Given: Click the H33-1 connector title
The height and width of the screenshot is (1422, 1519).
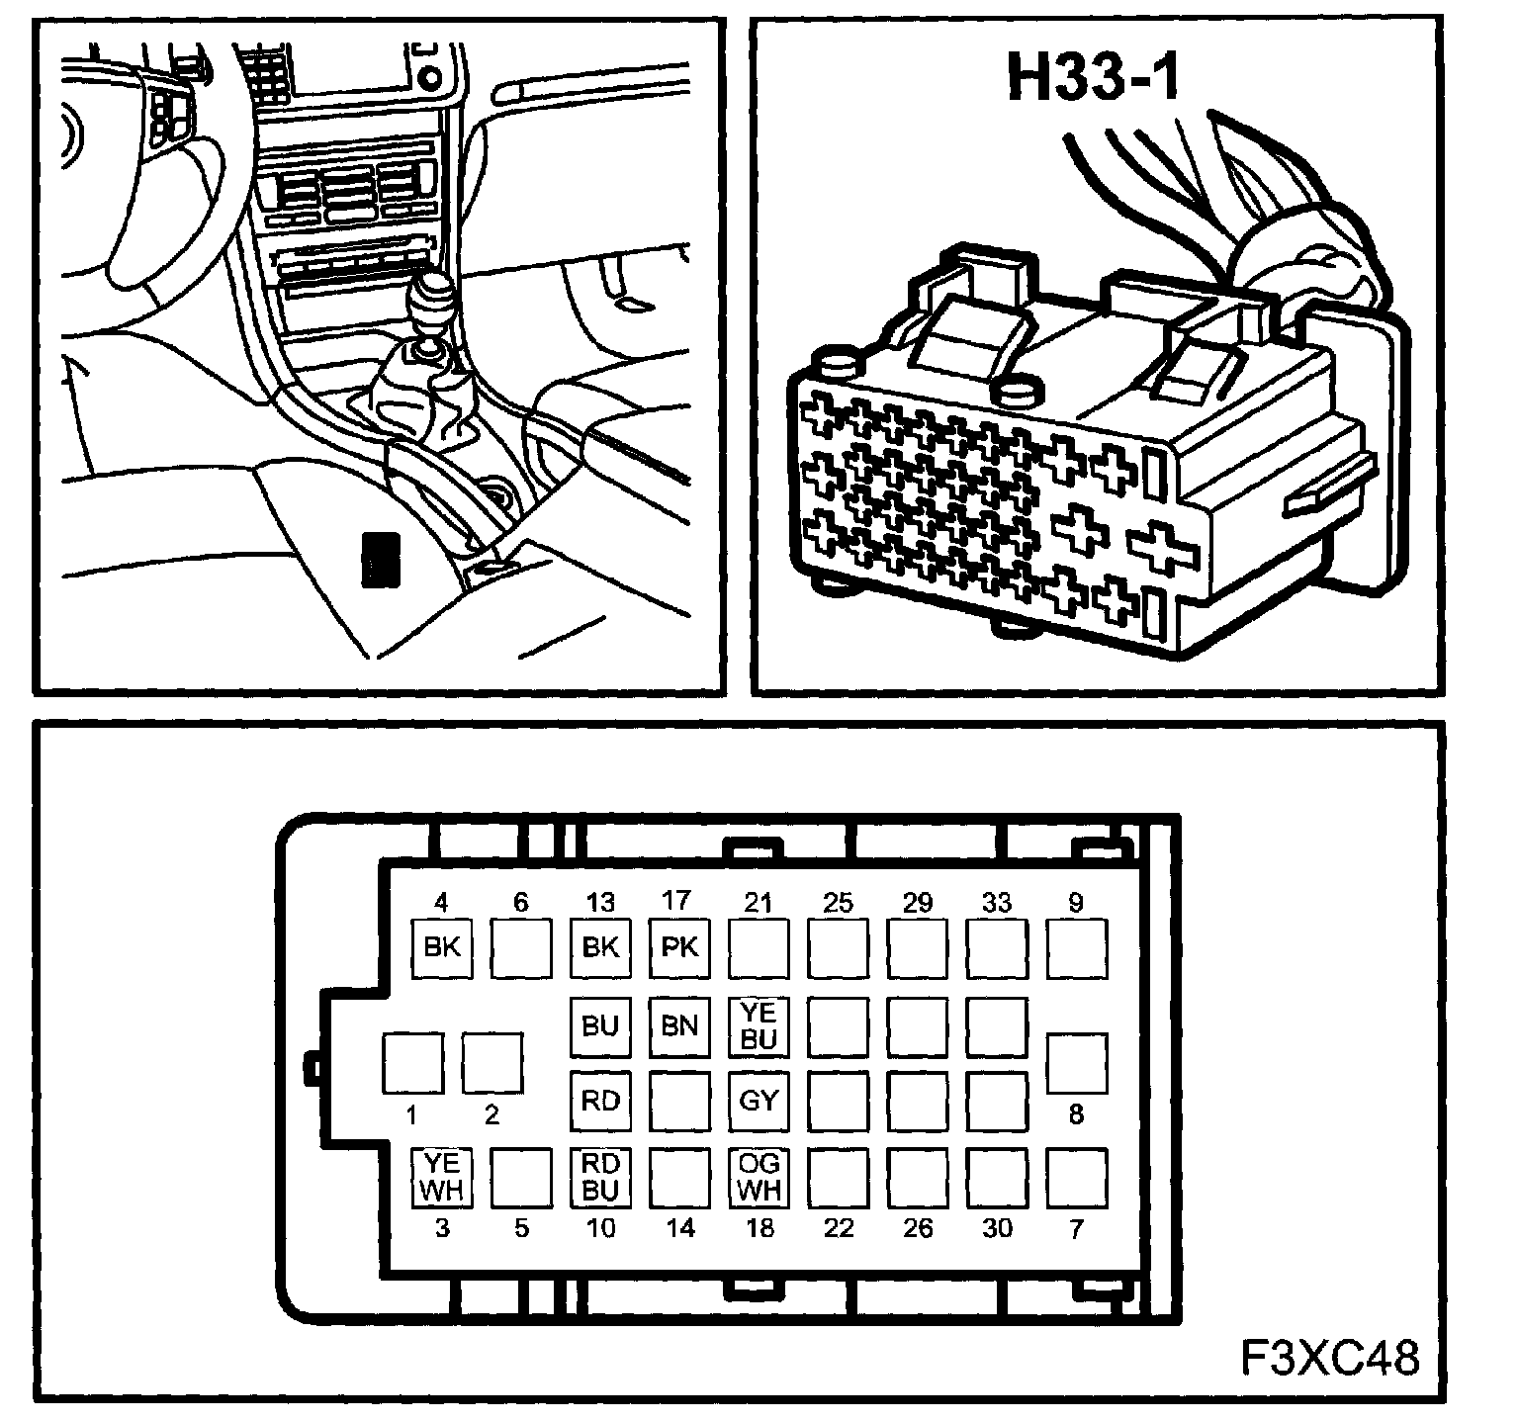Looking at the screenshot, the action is click(x=1093, y=78).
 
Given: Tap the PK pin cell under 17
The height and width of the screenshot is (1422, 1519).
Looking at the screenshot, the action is click(x=679, y=947).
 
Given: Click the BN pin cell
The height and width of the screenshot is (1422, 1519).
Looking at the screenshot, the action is click(x=679, y=1026).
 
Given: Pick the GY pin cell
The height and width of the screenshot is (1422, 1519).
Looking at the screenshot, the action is click(x=759, y=1101).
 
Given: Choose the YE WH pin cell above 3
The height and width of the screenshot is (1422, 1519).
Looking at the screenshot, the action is click(x=441, y=1177).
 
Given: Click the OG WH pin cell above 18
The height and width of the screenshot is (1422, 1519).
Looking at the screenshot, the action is click(x=759, y=1177).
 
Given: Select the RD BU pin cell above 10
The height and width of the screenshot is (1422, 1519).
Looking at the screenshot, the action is click(x=600, y=1177).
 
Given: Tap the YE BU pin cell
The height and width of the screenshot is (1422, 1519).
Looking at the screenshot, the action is click(x=759, y=1026).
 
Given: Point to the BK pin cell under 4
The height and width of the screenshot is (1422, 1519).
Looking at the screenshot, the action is click(x=441, y=947).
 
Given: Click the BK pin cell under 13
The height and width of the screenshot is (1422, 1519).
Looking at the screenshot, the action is click(x=600, y=947).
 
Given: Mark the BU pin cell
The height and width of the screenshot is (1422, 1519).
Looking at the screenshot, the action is click(x=600, y=1026).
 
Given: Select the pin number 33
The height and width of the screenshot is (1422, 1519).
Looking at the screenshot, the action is click(x=997, y=902).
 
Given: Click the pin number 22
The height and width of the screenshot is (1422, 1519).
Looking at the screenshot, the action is click(x=839, y=1228).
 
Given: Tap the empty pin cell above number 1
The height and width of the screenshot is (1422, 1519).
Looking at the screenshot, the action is click(x=412, y=1063).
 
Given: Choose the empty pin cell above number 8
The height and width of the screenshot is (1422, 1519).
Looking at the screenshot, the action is click(x=1077, y=1063).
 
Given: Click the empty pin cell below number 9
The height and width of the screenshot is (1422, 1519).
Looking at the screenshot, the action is click(x=1077, y=947).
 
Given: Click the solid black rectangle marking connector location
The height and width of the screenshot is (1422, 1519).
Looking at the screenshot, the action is click(x=381, y=560).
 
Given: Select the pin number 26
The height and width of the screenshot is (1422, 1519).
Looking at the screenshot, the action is click(x=918, y=1228).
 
